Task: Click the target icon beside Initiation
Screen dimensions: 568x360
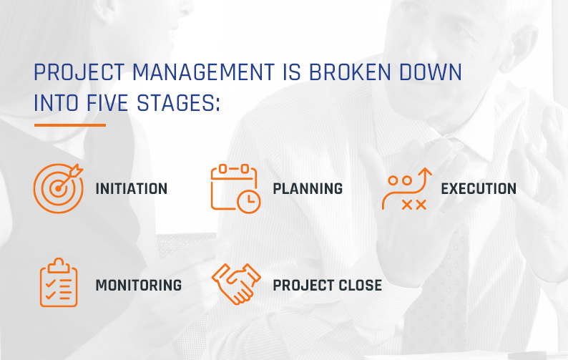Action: [x=58, y=188]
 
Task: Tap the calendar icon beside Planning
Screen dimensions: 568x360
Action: [x=235, y=188]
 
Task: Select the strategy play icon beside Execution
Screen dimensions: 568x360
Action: [x=407, y=188]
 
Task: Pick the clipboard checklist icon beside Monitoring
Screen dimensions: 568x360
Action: [x=59, y=283]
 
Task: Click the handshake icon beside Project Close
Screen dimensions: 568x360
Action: [x=236, y=284]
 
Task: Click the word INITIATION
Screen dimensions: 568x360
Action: [x=132, y=189]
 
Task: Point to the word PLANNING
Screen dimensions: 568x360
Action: [x=308, y=189]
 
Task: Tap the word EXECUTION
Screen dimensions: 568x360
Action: [x=479, y=189]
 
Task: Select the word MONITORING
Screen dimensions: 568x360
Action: [x=139, y=286]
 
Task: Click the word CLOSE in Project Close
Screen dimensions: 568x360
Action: [x=360, y=286]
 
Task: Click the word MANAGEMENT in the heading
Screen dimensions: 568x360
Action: [x=203, y=72]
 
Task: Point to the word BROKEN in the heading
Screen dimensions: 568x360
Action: [x=350, y=72]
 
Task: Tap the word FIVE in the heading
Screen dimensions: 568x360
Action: [x=107, y=103]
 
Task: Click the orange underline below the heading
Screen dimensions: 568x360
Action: [x=70, y=125]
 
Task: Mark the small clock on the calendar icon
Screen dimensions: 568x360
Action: [x=248, y=201]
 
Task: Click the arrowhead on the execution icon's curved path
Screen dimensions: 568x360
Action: [x=426, y=172]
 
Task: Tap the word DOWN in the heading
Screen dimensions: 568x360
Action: [x=431, y=72]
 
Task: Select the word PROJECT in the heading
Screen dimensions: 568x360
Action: [x=79, y=72]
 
